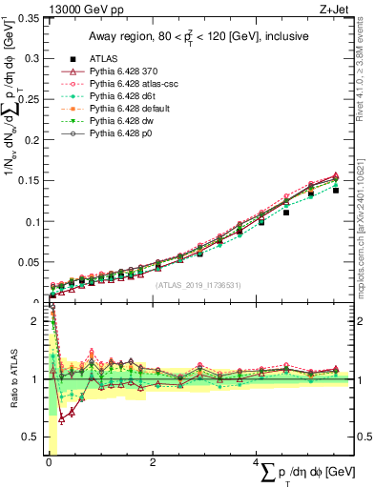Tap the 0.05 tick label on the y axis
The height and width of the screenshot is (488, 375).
pyautogui.click(x=31, y=262)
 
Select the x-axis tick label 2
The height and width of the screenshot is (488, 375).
pyautogui.click(x=153, y=463)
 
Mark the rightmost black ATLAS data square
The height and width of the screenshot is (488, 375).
pyautogui.click(x=336, y=191)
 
